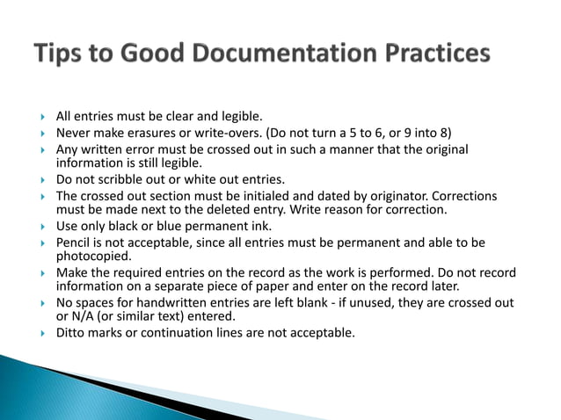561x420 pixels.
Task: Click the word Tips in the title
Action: [63, 54]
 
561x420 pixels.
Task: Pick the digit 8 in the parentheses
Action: [447, 133]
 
